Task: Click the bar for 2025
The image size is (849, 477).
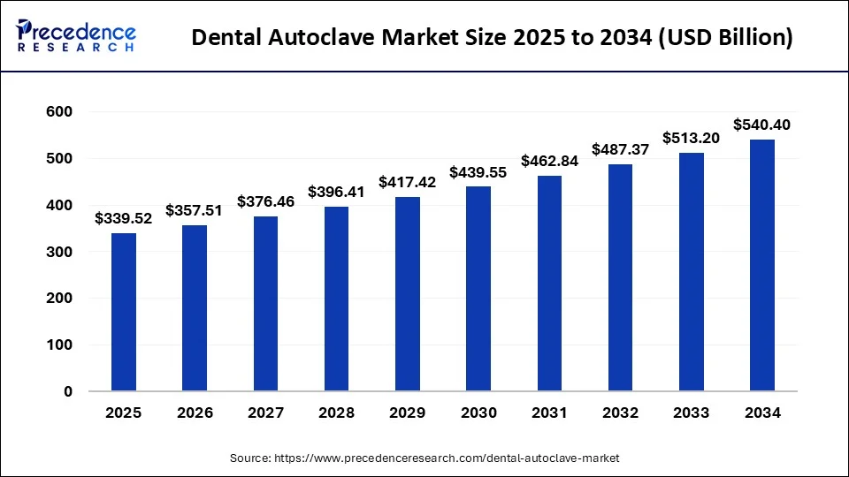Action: tap(124, 312)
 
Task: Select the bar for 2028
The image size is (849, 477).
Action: tap(336, 299)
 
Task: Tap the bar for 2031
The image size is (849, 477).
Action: tap(549, 283)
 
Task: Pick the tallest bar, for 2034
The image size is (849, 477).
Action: tap(762, 265)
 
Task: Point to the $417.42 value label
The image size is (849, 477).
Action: tap(408, 182)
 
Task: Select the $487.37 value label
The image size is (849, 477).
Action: tap(621, 149)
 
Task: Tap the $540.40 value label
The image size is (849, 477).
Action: tap(762, 125)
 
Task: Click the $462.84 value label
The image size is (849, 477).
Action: tap(549, 161)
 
